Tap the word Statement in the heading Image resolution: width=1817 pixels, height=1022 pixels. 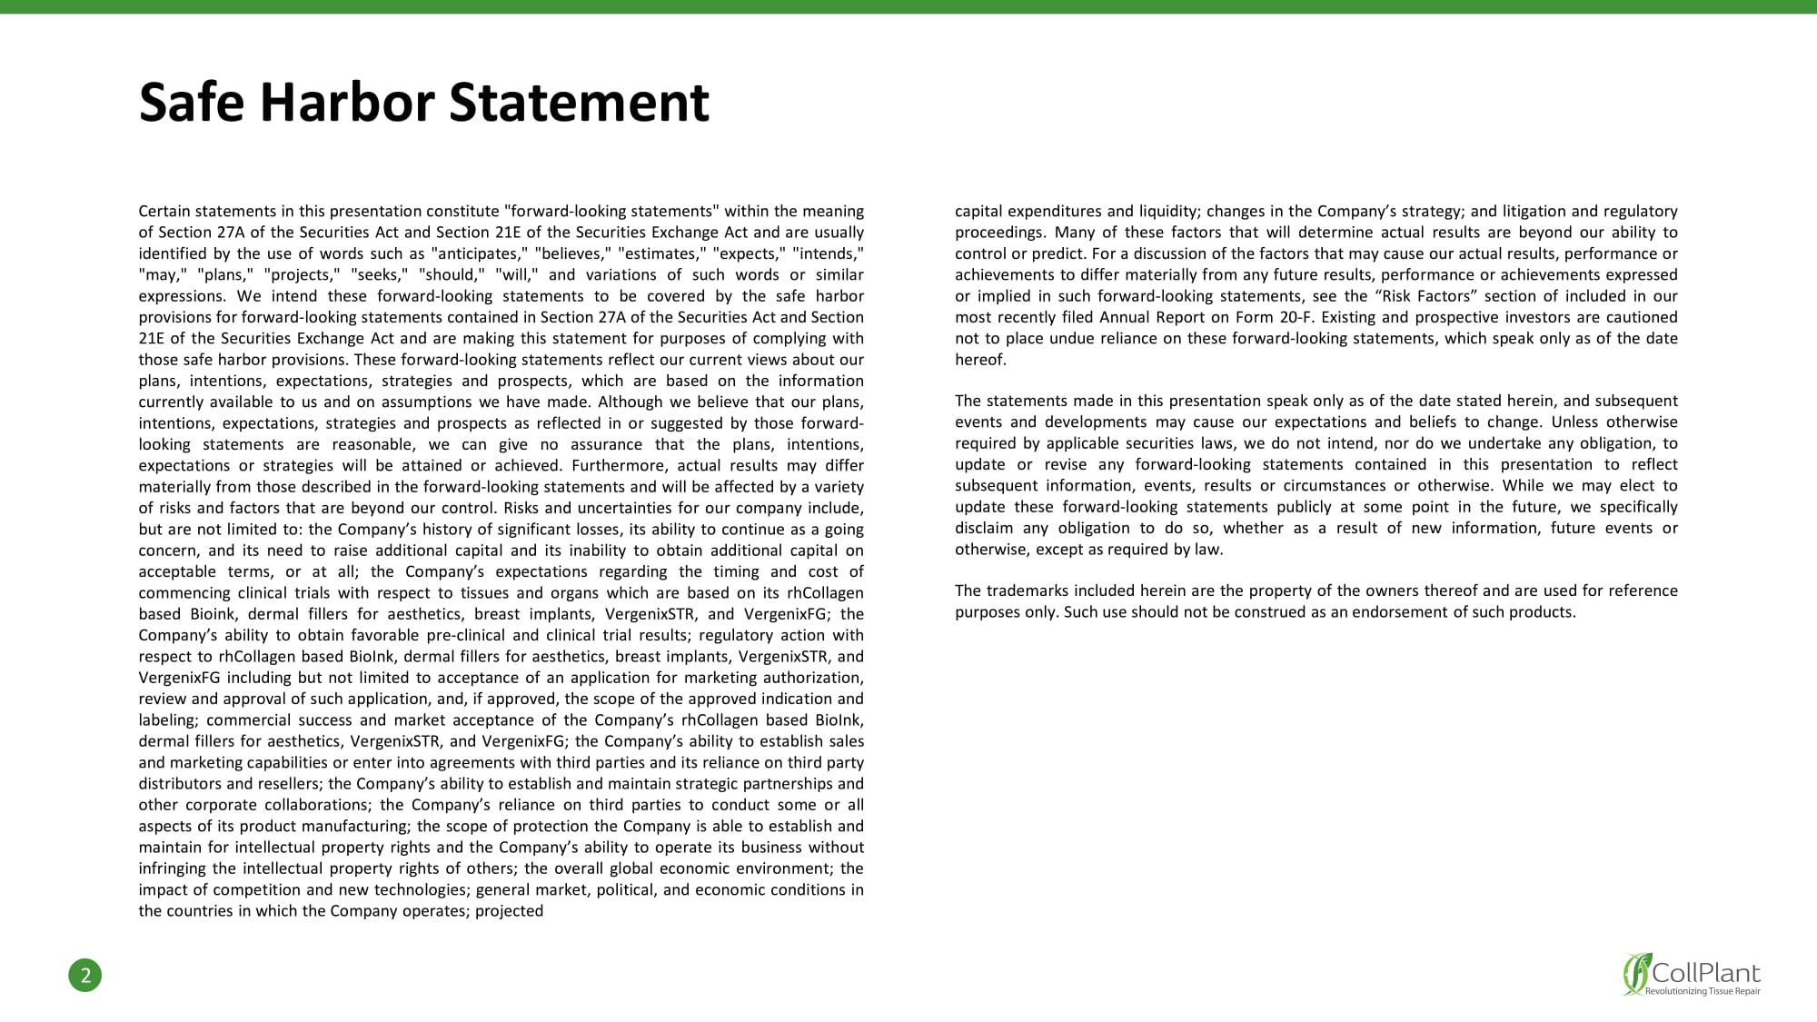pyautogui.click(x=579, y=103)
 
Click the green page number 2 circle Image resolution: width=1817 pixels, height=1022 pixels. pyautogui.click(x=85, y=976)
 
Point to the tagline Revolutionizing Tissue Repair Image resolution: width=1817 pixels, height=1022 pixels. pyautogui.click(x=1703, y=991)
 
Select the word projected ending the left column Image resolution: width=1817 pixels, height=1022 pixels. pyautogui.click(x=510, y=910)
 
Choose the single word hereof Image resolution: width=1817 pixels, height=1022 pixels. pyautogui.click(x=980, y=360)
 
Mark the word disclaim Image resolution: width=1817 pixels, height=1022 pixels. pyautogui.click(x=984, y=528)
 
